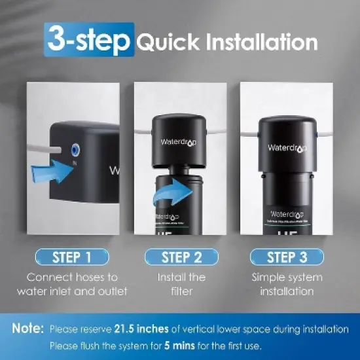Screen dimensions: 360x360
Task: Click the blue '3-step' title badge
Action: (89, 41)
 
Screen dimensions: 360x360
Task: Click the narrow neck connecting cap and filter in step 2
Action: (180, 170)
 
